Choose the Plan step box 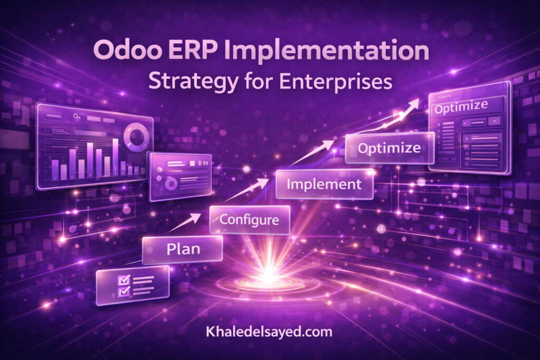(181, 249)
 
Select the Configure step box (249, 219)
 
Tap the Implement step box (325, 184)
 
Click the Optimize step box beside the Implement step (389, 148)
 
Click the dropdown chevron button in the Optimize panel (495, 121)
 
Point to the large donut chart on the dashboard (134, 135)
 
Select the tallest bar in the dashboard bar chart (114, 158)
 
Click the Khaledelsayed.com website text (269, 332)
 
